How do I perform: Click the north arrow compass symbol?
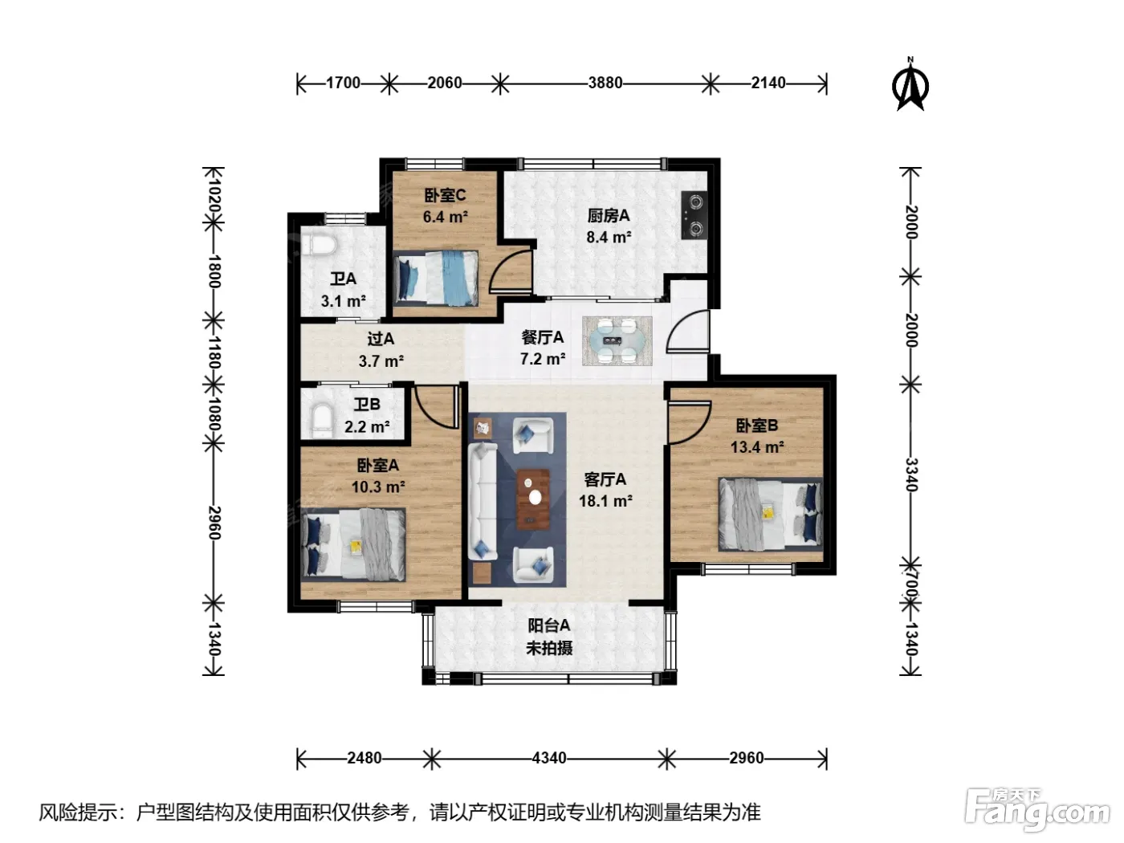pos(910,84)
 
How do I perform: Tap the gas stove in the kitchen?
pos(694,215)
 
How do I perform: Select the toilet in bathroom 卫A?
pos(318,246)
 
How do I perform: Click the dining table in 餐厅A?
pos(617,341)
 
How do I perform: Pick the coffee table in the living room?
pos(533,499)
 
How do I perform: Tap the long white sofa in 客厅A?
pos(483,501)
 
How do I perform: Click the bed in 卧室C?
pos(436,278)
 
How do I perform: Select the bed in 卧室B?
pos(770,514)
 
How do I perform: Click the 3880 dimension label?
pos(605,83)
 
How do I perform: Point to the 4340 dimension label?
pos(549,758)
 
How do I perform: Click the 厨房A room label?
pos(609,215)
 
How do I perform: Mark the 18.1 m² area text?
pos(605,500)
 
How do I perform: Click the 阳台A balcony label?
pos(549,625)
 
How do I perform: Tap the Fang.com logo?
pos(1036,811)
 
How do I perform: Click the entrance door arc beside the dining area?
pos(687,332)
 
